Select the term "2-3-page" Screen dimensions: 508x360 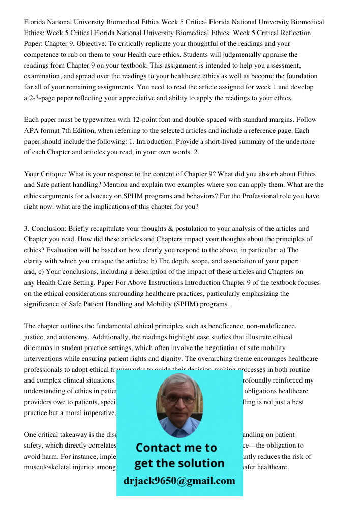46,98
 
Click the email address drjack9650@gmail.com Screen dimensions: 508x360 179,481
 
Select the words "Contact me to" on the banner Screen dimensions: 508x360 176,448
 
